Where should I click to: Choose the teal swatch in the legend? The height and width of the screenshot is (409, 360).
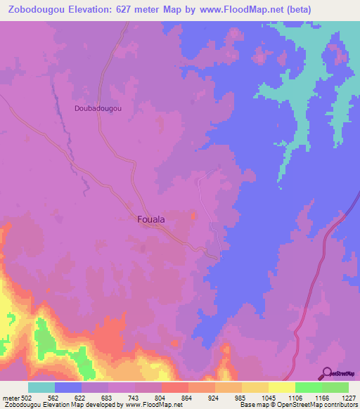41,387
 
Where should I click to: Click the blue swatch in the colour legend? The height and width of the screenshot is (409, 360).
67,387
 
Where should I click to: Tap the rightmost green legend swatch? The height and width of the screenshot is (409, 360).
335,387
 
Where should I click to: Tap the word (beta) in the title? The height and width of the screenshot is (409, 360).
277,9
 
